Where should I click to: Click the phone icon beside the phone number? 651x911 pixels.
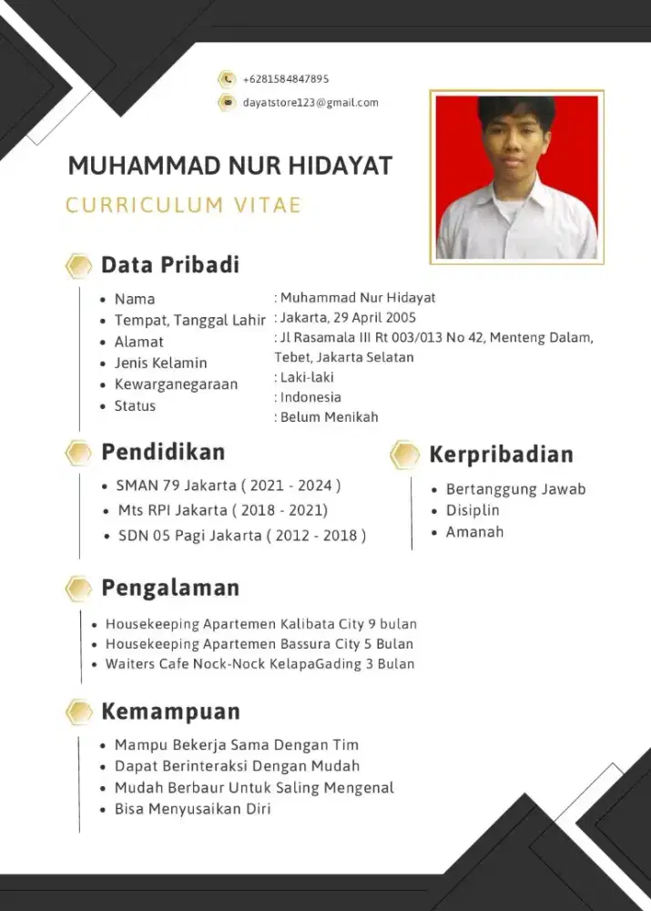[227, 79]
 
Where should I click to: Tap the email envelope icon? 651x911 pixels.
[227, 102]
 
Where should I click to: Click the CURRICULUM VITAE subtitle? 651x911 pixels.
[183, 205]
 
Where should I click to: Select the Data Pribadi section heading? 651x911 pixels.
[170, 265]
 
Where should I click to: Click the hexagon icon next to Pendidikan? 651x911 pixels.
[79, 453]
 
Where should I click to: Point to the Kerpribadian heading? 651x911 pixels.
[501, 454]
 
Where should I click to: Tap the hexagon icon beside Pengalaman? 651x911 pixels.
[79, 589]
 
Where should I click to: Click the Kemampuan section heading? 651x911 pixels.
[170, 711]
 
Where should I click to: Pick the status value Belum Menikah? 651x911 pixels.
[329, 417]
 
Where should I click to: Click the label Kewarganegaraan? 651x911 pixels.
[176, 384]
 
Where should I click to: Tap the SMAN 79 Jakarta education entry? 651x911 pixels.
[229, 486]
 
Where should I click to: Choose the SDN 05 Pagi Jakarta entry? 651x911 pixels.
[242, 536]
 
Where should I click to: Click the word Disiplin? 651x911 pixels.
[473, 510]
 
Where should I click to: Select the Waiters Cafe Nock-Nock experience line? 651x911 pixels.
[259, 664]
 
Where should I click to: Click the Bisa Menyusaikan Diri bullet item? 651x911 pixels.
[192, 808]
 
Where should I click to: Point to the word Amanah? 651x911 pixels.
[474, 532]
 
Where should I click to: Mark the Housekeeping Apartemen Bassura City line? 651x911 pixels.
[259, 644]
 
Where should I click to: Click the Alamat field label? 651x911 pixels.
[138, 342]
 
